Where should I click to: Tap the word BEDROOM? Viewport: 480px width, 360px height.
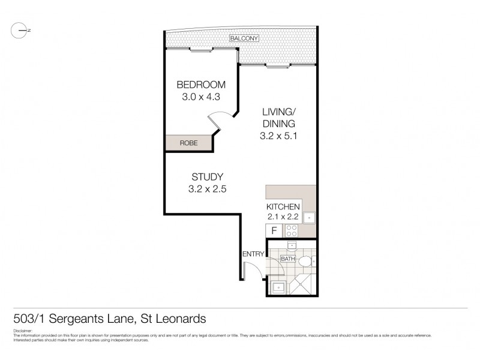pyautogui.click(x=201, y=85)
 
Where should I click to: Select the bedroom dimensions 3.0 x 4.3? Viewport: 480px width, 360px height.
pyautogui.click(x=201, y=97)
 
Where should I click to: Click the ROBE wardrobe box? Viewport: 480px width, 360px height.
pyautogui.click(x=188, y=143)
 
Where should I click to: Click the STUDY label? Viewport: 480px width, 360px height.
pyautogui.click(x=207, y=176)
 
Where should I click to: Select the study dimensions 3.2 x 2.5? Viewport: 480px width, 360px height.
pyautogui.click(x=207, y=189)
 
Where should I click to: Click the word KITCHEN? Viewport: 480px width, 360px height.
pyautogui.click(x=283, y=207)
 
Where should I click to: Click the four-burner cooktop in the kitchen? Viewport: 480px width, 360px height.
pyautogui.click(x=291, y=230)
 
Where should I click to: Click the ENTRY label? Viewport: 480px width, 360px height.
pyautogui.click(x=253, y=254)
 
